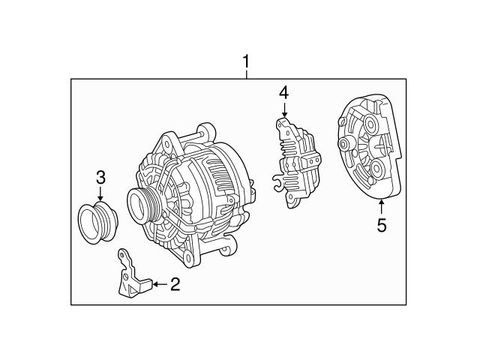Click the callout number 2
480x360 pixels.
coord(175,284)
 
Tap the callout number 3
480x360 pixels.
coord(100,178)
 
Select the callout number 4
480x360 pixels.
coord(283,93)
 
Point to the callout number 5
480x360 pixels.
coord(382,224)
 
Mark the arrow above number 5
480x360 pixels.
coord(382,206)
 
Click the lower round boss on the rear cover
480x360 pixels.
coord(372,166)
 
